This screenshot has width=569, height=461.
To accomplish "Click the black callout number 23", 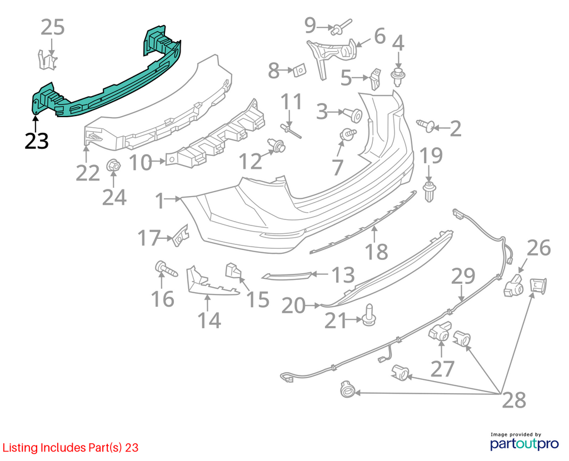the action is pos(37,141).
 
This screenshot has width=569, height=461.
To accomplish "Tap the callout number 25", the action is pos(53,27).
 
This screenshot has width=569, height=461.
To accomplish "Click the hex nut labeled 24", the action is pos(113,166).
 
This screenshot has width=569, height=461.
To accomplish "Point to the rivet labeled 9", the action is pos(341,27).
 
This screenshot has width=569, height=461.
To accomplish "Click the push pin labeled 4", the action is pos(398,77).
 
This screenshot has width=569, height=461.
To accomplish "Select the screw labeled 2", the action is pos(426,125).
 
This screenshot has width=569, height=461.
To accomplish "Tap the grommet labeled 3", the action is pos(352,114).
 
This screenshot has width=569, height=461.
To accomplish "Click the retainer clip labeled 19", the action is pos(430,192).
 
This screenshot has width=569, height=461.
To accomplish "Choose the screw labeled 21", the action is pos(369,315).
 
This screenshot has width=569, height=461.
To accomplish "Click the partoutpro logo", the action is pos(525,442).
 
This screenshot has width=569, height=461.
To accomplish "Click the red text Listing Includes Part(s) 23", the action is pos(71,448).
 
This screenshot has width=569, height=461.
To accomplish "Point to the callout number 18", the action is pos(376,252).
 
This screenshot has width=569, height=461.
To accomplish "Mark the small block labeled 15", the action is pos(234,270).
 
